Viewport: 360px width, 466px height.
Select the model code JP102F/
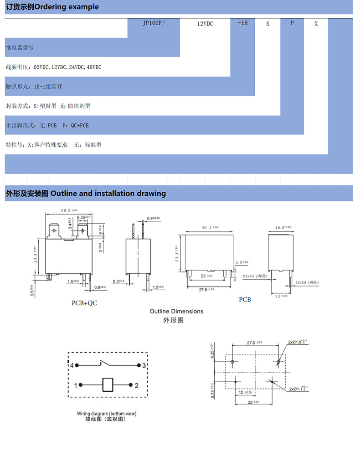[153, 23]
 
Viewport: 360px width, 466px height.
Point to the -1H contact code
[242, 23]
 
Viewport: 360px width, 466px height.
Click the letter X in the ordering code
[316, 24]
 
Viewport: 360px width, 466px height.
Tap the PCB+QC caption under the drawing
[85, 302]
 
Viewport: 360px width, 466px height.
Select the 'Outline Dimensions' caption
[176, 312]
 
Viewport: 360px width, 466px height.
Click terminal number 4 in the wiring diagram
[72, 365]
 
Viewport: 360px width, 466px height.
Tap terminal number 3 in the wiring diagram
[144, 365]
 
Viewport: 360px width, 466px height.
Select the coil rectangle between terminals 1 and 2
[108, 385]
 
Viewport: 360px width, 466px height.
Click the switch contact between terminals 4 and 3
[108, 364]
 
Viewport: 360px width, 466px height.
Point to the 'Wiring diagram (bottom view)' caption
[107, 414]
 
